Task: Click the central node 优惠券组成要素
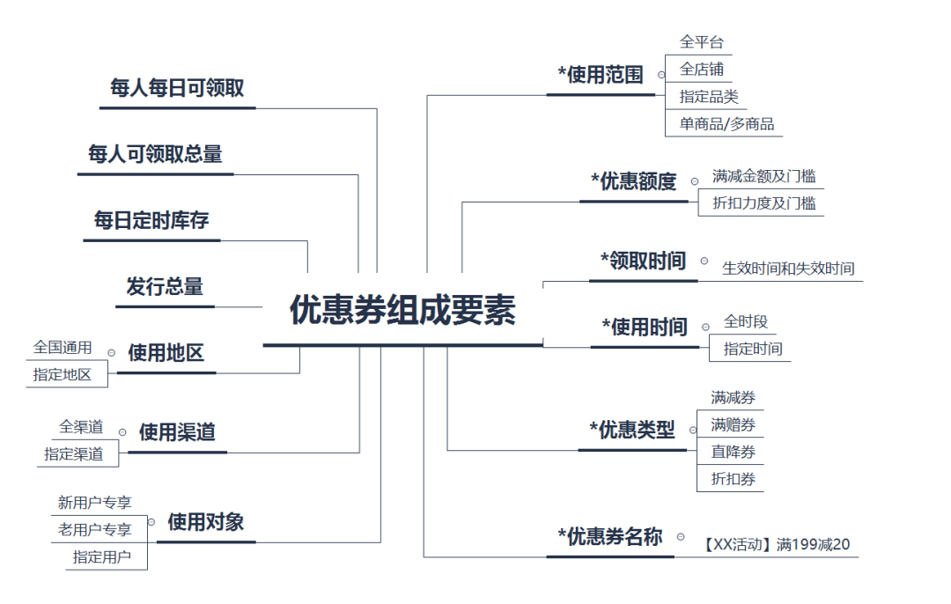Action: (402, 311)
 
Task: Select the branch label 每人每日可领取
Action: (177, 88)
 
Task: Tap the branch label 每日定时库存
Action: (151, 220)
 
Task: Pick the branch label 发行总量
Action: (165, 287)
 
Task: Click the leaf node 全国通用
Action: (63, 348)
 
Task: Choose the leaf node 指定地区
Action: (63, 374)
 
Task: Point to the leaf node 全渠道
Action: (81, 427)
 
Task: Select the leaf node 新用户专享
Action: (95, 503)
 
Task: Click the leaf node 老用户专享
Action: (95, 529)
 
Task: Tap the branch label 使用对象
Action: (206, 522)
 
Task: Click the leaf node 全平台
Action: (702, 42)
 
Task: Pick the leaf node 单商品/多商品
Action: (726, 124)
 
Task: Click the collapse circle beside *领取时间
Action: (704, 261)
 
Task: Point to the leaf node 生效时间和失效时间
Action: (788, 269)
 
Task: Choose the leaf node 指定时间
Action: (752, 349)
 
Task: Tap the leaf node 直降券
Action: (733, 453)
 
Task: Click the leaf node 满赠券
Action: (733, 425)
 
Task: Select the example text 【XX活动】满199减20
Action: (777, 545)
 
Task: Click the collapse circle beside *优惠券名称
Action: (681, 536)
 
